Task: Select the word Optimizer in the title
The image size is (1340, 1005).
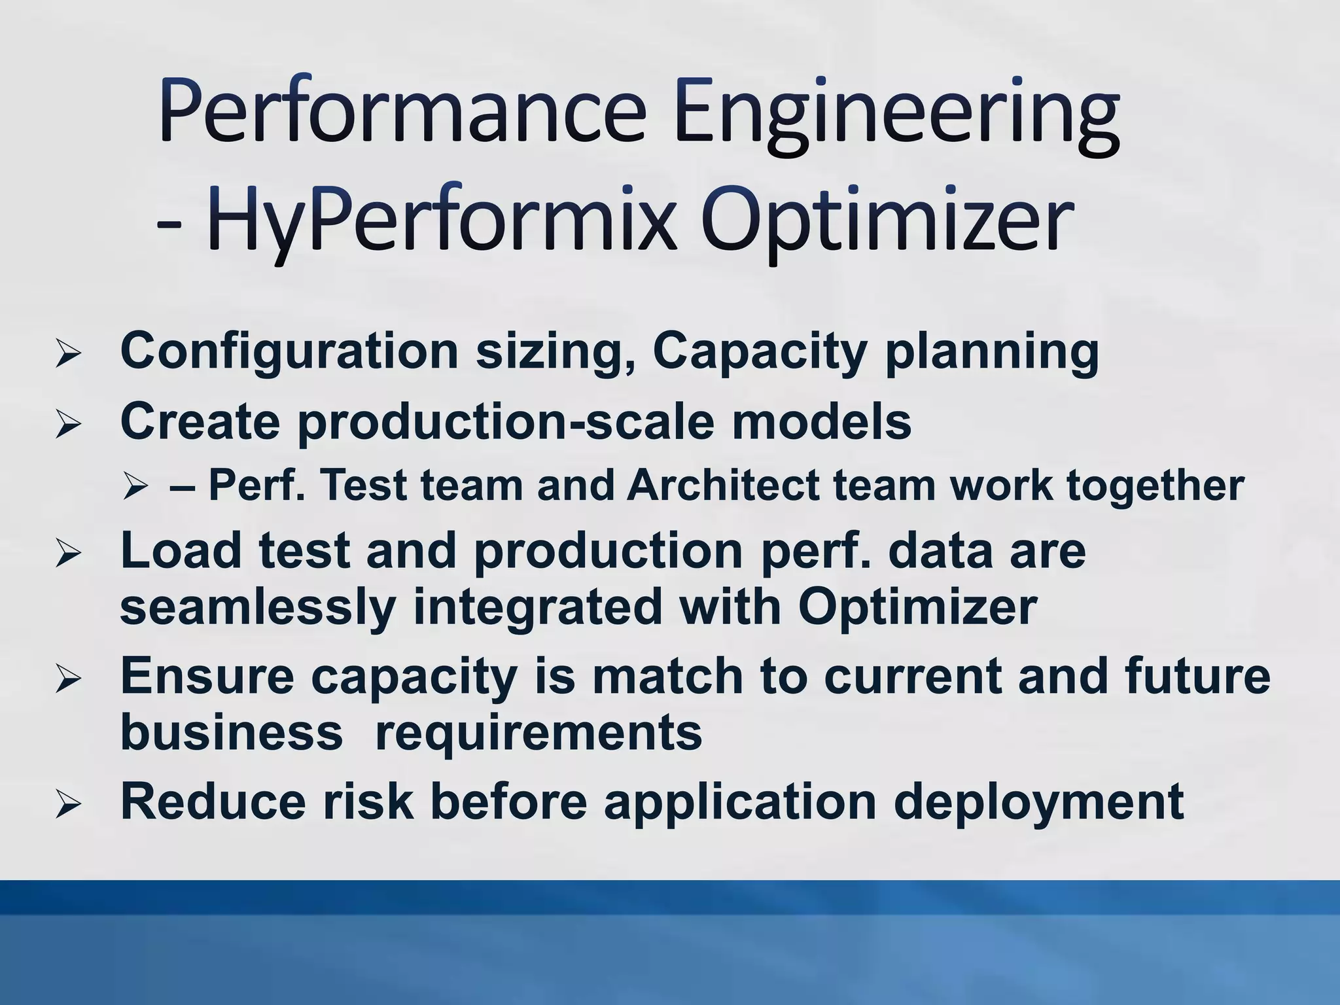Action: click(887, 222)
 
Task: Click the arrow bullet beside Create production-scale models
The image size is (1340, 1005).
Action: click(68, 425)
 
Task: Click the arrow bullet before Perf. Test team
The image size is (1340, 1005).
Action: click(136, 486)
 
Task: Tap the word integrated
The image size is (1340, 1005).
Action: click(537, 607)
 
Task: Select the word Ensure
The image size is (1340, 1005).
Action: click(207, 677)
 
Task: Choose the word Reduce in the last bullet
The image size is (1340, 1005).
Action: click(213, 802)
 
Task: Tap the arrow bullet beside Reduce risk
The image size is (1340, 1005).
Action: click(68, 804)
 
